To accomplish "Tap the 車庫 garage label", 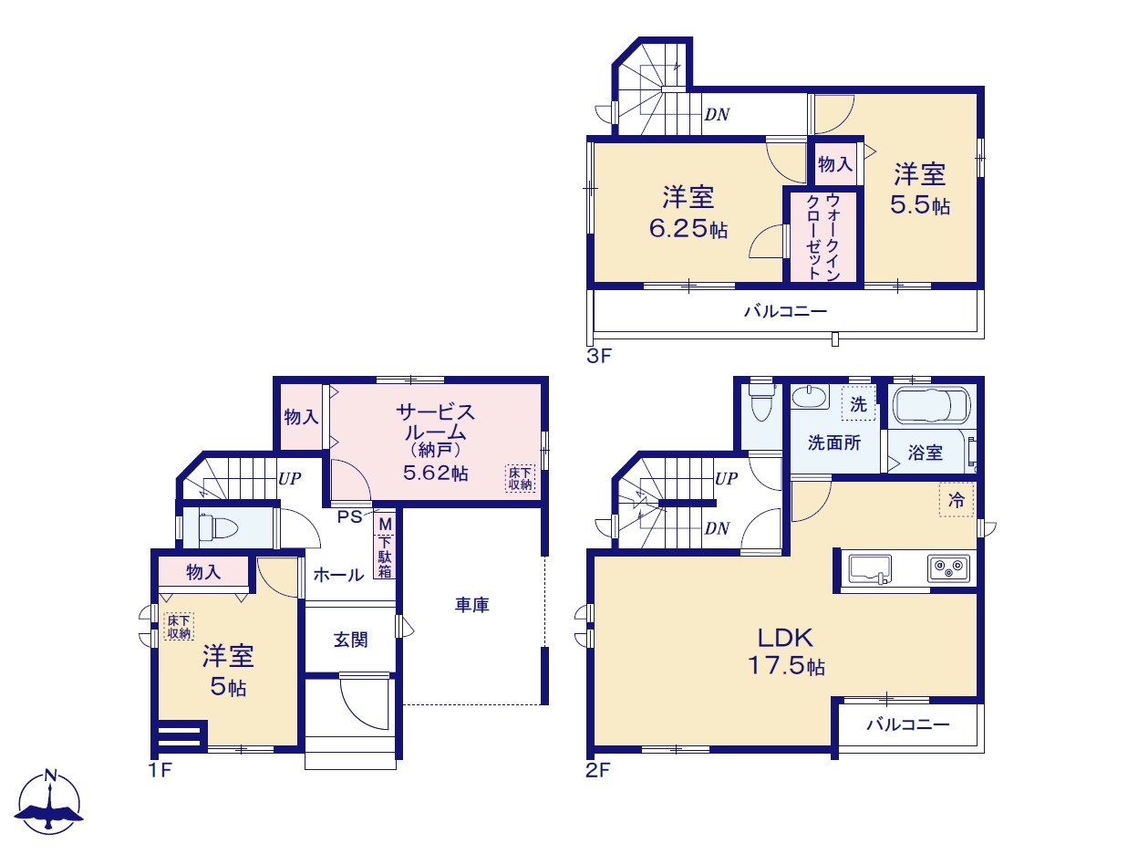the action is (x=471, y=605).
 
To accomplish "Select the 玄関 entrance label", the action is (x=350, y=640).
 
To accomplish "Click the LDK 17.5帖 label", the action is (x=785, y=651).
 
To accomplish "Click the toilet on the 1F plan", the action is (x=218, y=528).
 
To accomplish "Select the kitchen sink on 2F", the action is (x=869, y=569).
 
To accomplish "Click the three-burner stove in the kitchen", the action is (x=948, y=568).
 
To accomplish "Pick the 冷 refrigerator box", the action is (x=957, y=500).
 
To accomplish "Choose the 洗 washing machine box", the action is (x=858, y=403).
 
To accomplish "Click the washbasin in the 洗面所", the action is (x=810, y=398).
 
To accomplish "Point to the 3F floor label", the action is (x=599, y=356).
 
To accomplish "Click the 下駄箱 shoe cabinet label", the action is (x=385, y=557).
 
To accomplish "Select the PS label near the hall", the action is (x=349, y=517).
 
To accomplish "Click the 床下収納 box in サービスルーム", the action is (x=520, y=478).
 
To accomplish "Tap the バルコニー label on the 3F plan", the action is (x=785, y=311).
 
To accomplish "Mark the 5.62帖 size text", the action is (x=436, y=473).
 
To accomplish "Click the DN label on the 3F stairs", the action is (x=717, y=115).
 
